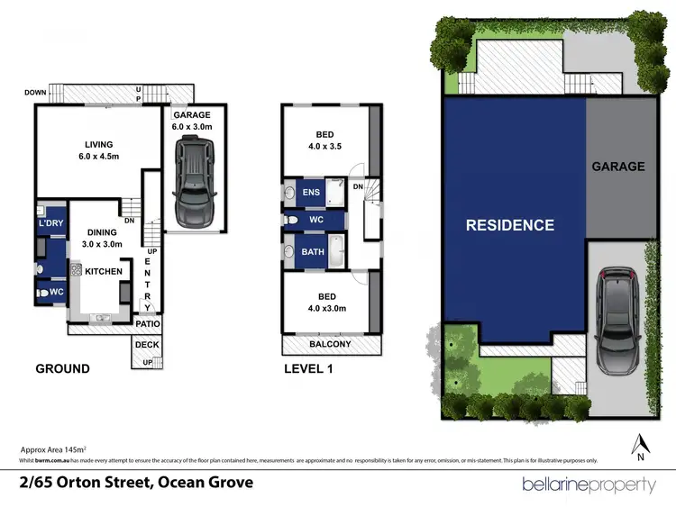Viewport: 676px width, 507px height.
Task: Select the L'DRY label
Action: click(x=49, y=222)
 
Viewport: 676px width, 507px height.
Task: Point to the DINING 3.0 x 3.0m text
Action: click(x=101, y=237)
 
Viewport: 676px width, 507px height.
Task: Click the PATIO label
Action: click(x=148, y=323)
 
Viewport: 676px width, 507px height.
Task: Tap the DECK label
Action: click(x=147, y=345)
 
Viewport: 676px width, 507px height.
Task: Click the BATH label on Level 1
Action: click(x=312, y=252)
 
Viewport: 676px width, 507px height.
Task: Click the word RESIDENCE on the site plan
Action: click(x=510, y=225)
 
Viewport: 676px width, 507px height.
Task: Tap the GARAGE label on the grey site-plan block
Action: click(x=618, y=166)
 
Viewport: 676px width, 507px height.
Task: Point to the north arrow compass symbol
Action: click(x=641, y=446)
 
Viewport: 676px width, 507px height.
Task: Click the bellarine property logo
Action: click(x=589, y=484)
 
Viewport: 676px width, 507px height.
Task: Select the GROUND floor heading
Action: click(x=62, y=368)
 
